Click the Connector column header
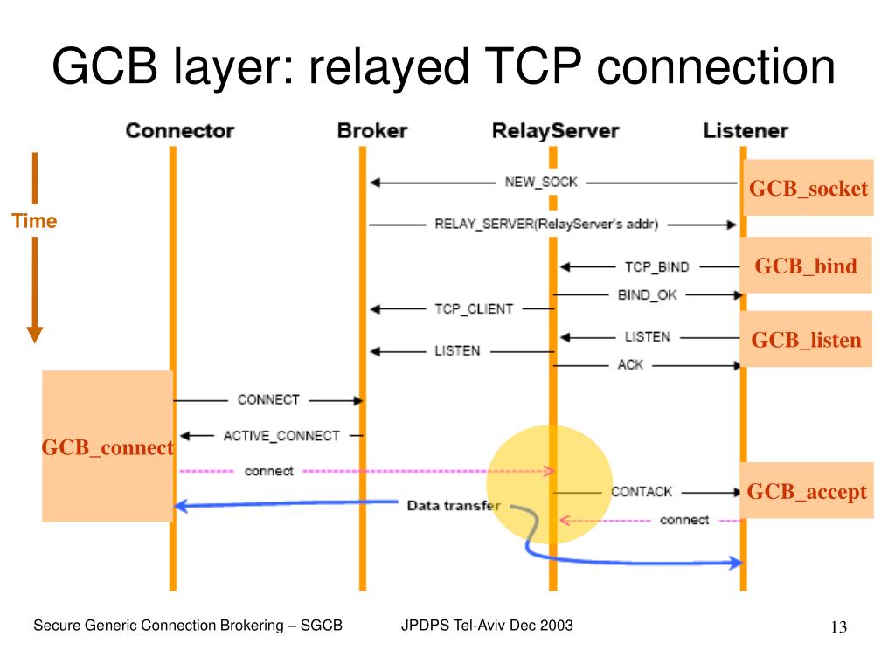pos(180,131)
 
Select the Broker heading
pos(372,131)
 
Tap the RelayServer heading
pos(555,131)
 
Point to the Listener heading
pos(746,131)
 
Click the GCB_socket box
pos(808,188)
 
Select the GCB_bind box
pos(806,266)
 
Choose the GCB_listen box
pos(806,340)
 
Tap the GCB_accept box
pos(807,491)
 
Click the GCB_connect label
pos(108,447)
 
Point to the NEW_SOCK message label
pos(541,182)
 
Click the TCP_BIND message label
pos(657,267)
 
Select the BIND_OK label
pos(648,295)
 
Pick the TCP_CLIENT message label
pos(474,308)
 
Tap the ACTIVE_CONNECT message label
pos(281,436)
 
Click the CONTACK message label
pos(642,492)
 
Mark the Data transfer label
pos(454,506)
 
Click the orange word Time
pos(34,221)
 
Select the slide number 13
pos(839,627)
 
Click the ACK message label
pos(630,364)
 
